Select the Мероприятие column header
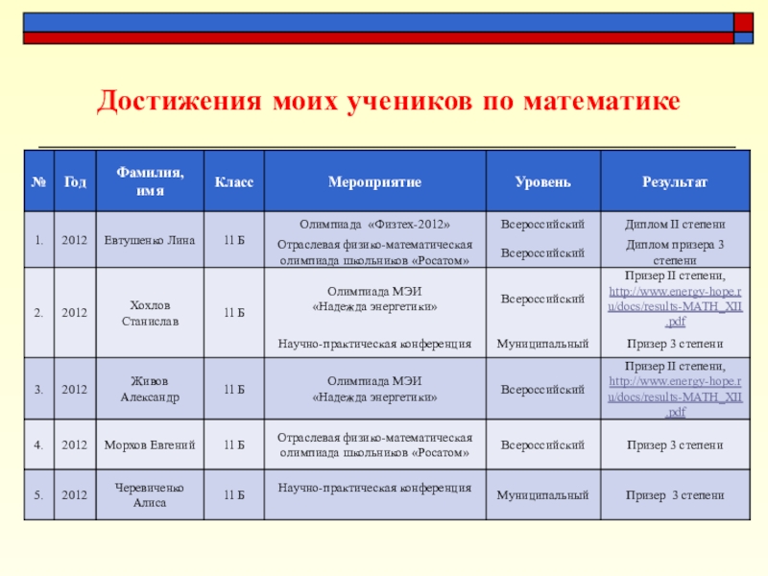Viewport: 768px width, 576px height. (x=373, y=180)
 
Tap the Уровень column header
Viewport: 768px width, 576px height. (x=542, y=180)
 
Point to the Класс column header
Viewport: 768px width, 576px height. (x=233, y=180)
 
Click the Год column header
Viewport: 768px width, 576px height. (x=75, y=180)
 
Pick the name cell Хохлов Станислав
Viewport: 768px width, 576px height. (x=149, y=313)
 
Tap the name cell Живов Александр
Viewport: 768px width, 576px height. (x=149, y=390)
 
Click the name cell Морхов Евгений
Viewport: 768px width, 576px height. (x=149, y=445)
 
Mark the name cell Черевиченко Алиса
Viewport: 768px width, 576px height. (x=149, y=495)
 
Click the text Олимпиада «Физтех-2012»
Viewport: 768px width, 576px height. (x=373, y=224)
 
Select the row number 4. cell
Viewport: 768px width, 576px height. (x=37, y=445)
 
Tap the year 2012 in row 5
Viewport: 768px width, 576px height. (x=75, y=495)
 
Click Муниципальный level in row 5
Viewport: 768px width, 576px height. (x=542, y=495)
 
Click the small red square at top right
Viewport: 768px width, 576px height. (x=743, y=22)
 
